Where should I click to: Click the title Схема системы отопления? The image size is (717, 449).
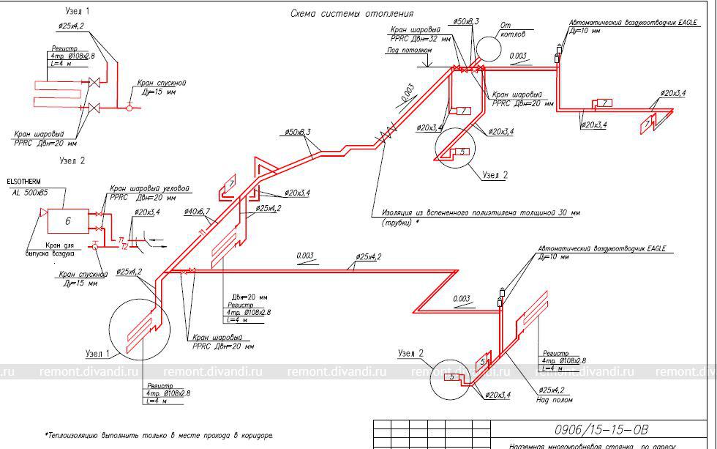[352, 13]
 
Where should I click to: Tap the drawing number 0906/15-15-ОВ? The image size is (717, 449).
[591, 429]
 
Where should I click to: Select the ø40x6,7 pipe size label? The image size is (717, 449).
[198, 212]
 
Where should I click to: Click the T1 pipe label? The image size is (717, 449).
[121, 237]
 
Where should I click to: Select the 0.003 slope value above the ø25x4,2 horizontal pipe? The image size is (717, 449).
[307, 255]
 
